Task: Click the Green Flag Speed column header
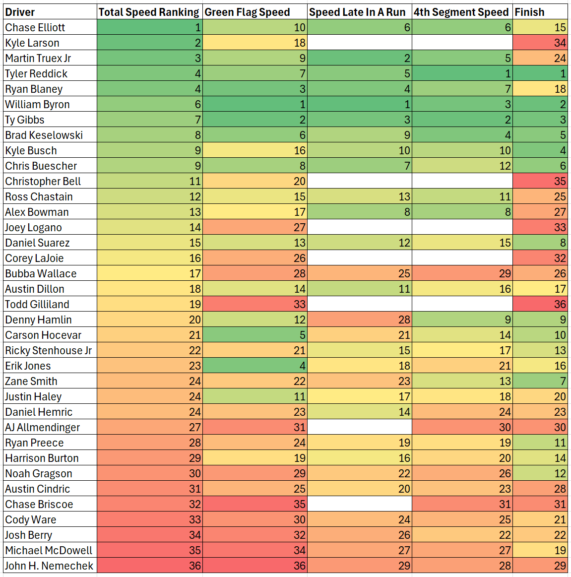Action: coord(247,12)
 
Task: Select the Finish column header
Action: coord(529,12)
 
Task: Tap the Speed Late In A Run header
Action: coord(357,12)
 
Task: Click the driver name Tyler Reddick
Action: coord(36,73)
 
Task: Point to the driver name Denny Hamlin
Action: coord(38,320)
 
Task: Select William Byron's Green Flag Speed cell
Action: coord(254,104)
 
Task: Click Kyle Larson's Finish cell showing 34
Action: coord(540,43)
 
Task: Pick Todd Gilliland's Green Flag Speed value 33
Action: coord(254,304)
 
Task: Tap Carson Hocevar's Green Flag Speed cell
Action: coord(254,335)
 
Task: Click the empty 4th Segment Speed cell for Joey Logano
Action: coord(462,227)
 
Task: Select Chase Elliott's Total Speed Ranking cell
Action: coord(149,27)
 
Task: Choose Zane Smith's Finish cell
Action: coord(540,381)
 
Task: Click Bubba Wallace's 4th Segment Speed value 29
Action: coord(462,273)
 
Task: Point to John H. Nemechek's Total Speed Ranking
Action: coord(149,566)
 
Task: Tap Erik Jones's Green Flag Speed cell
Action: coord(254,366)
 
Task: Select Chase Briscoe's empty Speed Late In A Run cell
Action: coord(359,504)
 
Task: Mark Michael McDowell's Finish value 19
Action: coord(540,550)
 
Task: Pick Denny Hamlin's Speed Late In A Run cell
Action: coord(359,320)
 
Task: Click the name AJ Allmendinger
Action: coord(42,427)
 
